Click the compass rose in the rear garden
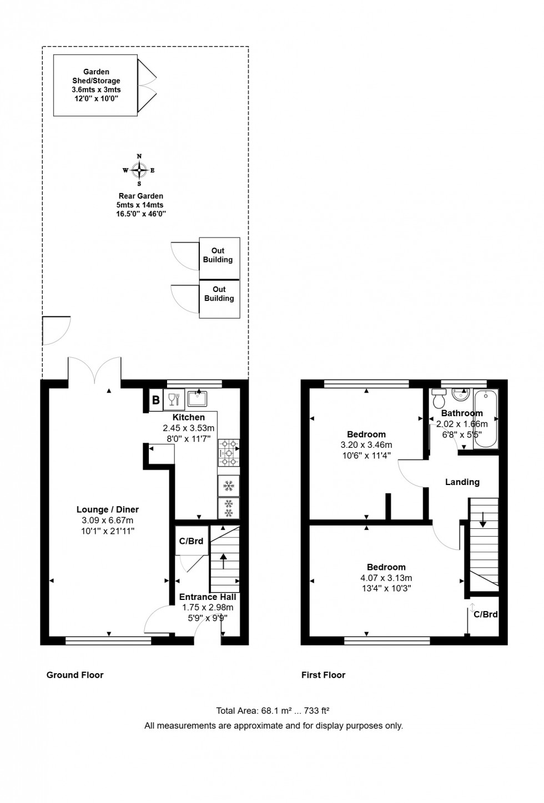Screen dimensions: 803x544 139,170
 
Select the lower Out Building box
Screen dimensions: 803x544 219,297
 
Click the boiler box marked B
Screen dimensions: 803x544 156,400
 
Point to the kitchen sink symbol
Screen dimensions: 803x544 197,398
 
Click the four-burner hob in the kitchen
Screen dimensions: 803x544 229,453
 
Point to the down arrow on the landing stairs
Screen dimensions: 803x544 483,519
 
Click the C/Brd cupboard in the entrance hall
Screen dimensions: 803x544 192,541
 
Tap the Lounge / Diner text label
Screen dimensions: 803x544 108,509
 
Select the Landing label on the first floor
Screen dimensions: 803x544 462,482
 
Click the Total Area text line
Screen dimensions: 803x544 273,710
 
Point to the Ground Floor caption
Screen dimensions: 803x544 75,675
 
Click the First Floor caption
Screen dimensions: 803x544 323,675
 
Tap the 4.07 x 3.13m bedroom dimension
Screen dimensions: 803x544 386,578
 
